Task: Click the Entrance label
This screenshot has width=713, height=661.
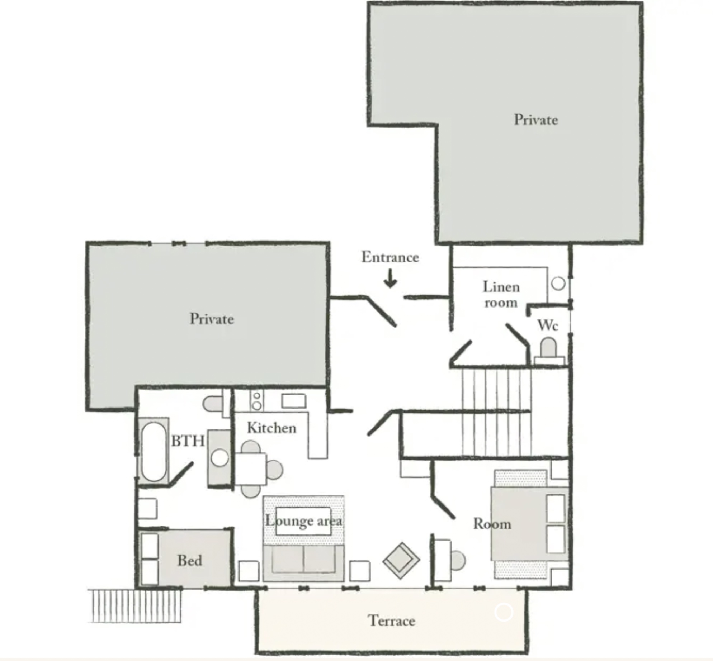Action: pos(390,257)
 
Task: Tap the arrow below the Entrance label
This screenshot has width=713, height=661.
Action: pos(390,278)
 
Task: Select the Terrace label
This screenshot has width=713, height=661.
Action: pos(391,620)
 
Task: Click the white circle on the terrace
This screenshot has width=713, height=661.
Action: pos(504,612)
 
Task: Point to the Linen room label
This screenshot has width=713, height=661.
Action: pos(501,294)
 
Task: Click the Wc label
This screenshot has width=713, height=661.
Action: pos(548,325)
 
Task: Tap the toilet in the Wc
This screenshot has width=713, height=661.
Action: pos(549,351)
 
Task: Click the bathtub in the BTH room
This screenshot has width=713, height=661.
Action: pos(154,451)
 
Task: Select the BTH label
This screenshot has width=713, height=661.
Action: pos(188,441)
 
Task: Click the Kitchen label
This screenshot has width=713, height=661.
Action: pos(272,428)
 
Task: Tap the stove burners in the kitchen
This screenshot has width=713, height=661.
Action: pos(256,400)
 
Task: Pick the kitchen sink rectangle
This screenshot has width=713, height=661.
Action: pos(294,401)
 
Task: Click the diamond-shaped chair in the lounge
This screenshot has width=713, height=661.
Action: pos(401,561)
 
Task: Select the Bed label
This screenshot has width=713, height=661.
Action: pos(190,560)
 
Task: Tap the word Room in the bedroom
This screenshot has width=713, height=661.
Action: pos(492,524)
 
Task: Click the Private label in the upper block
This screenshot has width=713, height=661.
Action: pos(536,120)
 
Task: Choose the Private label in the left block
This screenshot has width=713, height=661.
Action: pos(212,319)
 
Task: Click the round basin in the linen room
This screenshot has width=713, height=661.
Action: pos(558,284)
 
